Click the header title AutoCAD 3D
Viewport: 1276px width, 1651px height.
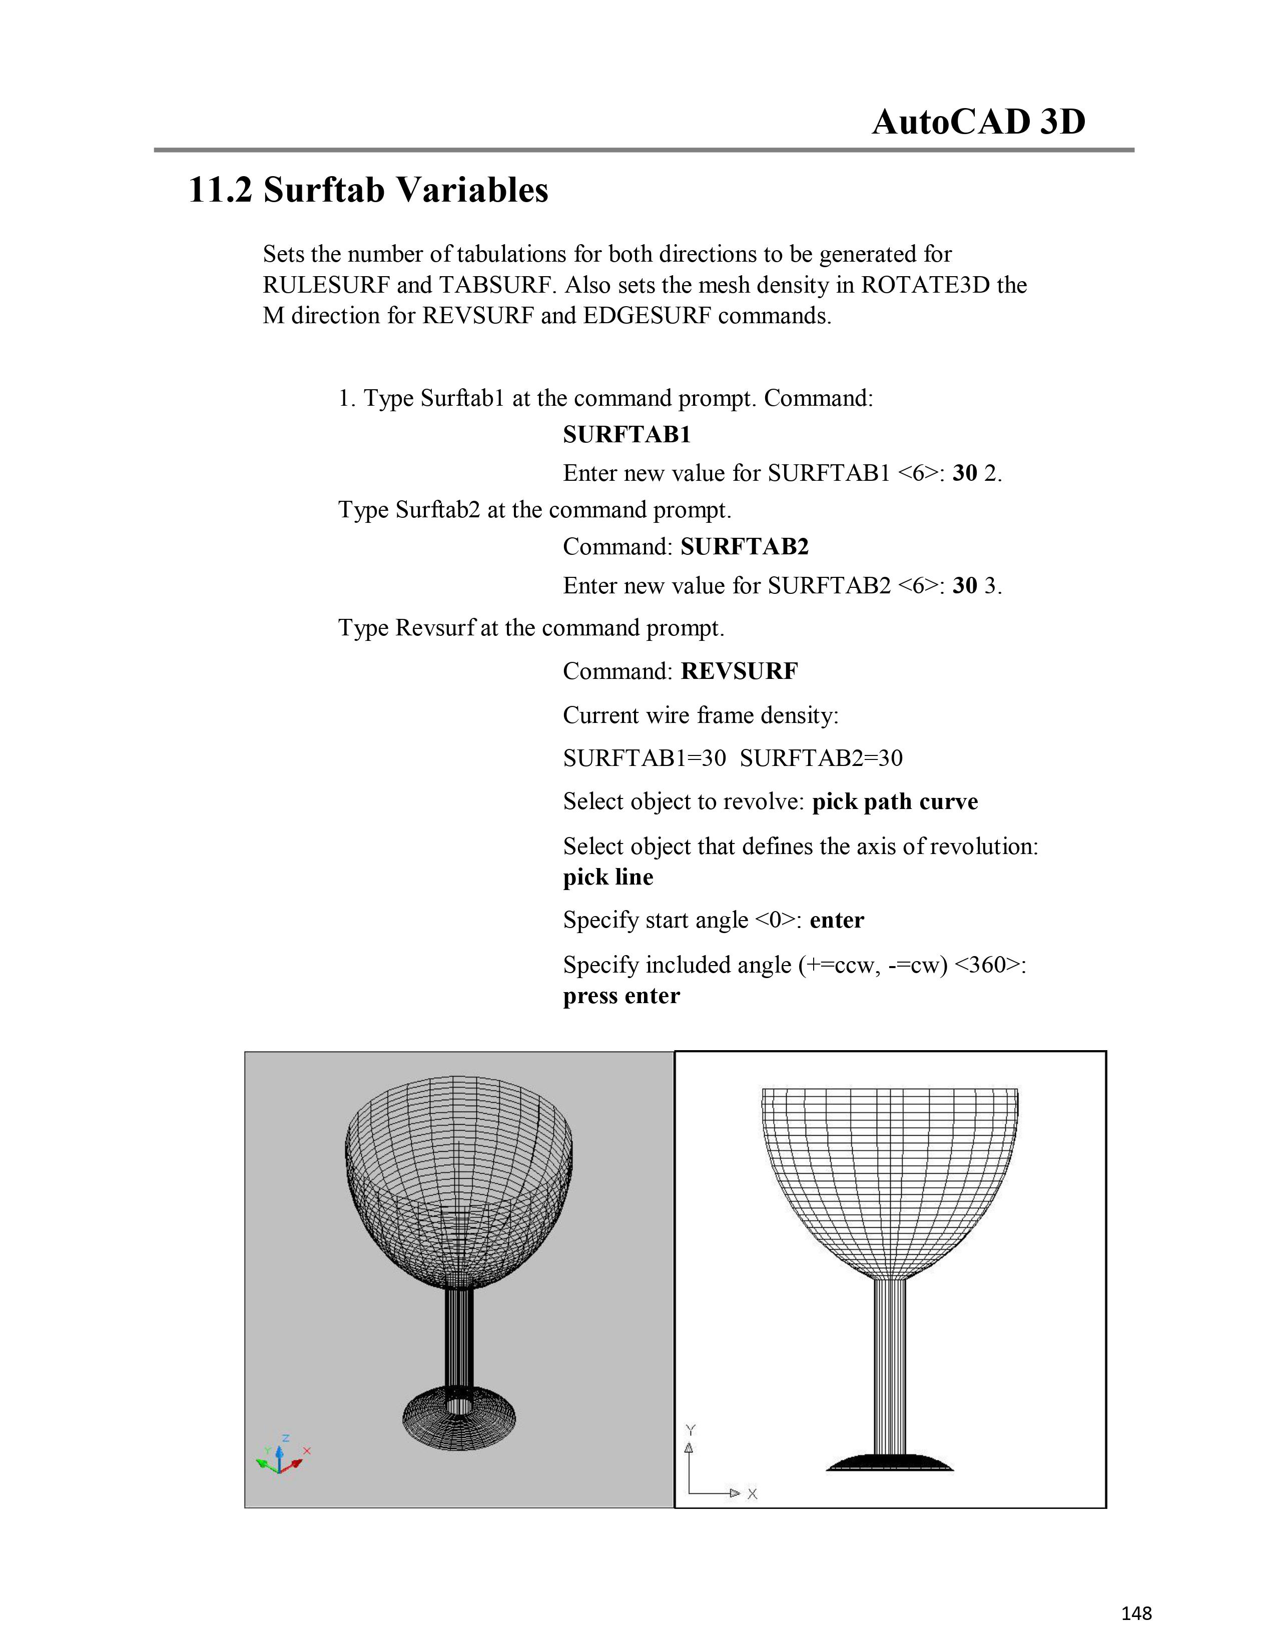(x=978, y=122)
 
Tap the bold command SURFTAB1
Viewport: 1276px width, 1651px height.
(x=626, y=435)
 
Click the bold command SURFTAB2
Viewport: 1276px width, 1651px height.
(x=745, y=546)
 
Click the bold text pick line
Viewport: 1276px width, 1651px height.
(x=608, y=877)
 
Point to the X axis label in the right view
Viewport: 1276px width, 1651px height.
(x=752, y=1494)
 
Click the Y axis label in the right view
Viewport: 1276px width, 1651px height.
(x=690, y=1429)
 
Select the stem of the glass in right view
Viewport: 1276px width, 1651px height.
(x=890, y=1368)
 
